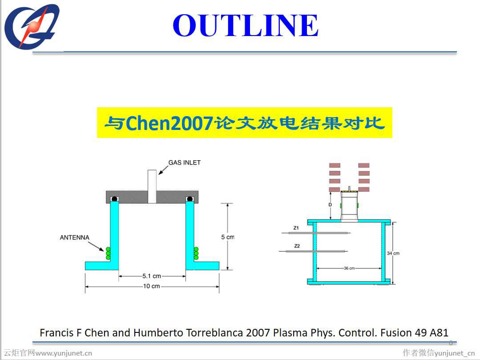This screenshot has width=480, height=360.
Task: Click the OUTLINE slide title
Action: (x=246, y=25)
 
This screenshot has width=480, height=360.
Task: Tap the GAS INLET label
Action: (x=184, y=162)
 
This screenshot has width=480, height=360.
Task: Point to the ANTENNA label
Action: (x=74, y=238)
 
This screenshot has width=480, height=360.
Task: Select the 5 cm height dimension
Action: (x=227, y=237)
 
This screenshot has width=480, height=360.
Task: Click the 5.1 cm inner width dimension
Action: (x=152, y=276)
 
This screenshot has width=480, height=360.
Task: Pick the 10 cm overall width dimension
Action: (x=151, y=286)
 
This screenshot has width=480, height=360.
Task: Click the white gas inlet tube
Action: (x=152, y=186)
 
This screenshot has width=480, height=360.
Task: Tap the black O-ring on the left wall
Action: (x=114, y=198)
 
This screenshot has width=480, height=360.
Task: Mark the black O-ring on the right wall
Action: (x=190, y=198)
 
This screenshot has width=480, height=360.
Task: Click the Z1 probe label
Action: (x=296, y=228)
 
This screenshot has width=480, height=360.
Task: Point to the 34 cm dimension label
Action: (x=393, y=253)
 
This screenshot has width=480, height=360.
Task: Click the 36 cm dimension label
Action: (x=349, y=268)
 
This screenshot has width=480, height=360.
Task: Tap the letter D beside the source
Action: (x=330, y=205)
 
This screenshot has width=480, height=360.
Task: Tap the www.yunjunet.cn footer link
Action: (x=64, y=353)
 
